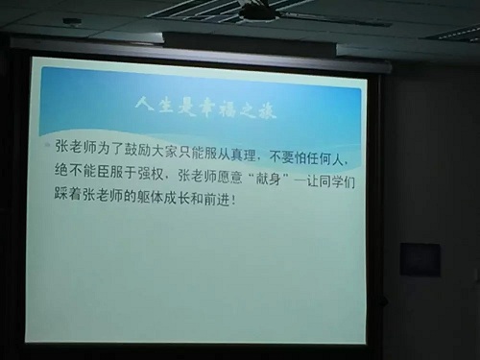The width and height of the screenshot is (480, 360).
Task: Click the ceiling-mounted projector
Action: pyautogui.click(x=257, y=11)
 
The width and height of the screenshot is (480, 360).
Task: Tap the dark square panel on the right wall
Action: pyautogui.click(x=420, y=259)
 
